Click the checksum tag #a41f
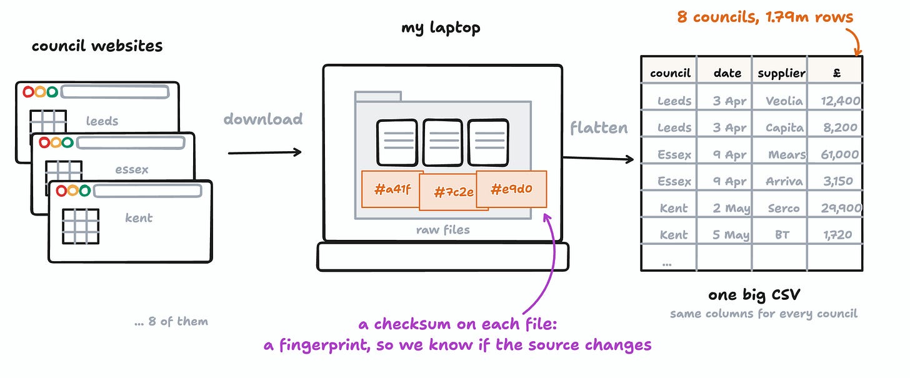click(x=392, y=189)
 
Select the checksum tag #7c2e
click(x=453, y=192)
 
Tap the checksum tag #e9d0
click(x=511, y=189)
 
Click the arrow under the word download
click(x=264, y=152)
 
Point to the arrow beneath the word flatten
click(x=598, y=158)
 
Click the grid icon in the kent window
click(x=81, y=226)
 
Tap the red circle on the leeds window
click(x=28, y=92)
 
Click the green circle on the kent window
click(x=84, y=190)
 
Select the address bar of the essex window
click(x=131, y=142)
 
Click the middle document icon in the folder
click(x=442, y=142)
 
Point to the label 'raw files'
click(x=442, y=230)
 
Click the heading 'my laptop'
click(x=441, y=28)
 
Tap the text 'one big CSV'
click(x=754, y=294)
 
